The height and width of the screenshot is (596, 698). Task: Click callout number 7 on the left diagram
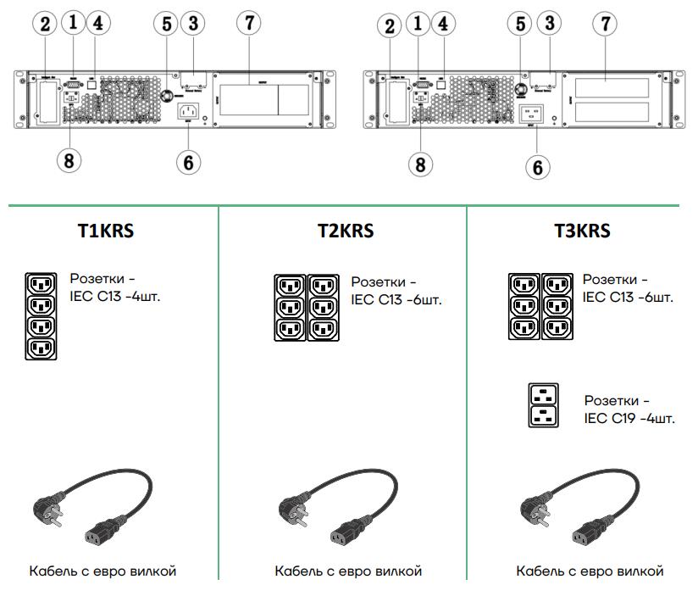point(248,25)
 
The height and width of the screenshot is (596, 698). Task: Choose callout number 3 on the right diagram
point(551,25)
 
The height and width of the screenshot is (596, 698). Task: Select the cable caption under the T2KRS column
point(348,571)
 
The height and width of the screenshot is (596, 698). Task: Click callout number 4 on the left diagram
point(100,25)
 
